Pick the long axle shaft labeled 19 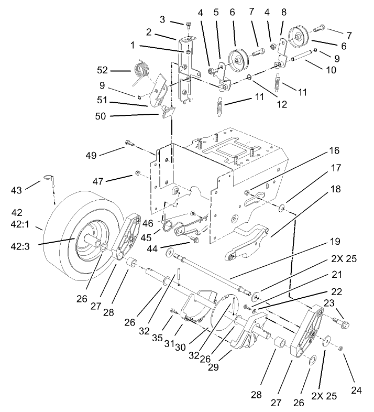[210, 273]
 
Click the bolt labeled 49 [128, 143]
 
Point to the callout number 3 [162, 20]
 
